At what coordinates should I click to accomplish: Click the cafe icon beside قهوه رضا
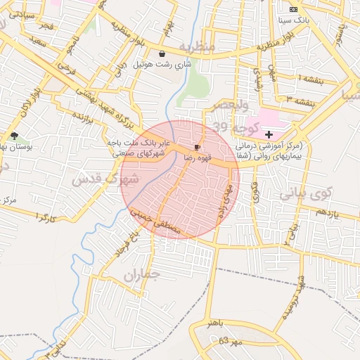pos(196,147)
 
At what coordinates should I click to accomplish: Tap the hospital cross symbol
pos(269,133)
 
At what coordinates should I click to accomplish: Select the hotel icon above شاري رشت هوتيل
pos(162,53)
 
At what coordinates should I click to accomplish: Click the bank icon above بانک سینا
pos(293,8)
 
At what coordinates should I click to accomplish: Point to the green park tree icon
pos(14,136)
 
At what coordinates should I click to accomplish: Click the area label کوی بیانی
pos(306,194)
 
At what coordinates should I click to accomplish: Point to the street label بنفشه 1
pos(309,77)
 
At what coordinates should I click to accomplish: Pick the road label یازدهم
pos(326,212)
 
